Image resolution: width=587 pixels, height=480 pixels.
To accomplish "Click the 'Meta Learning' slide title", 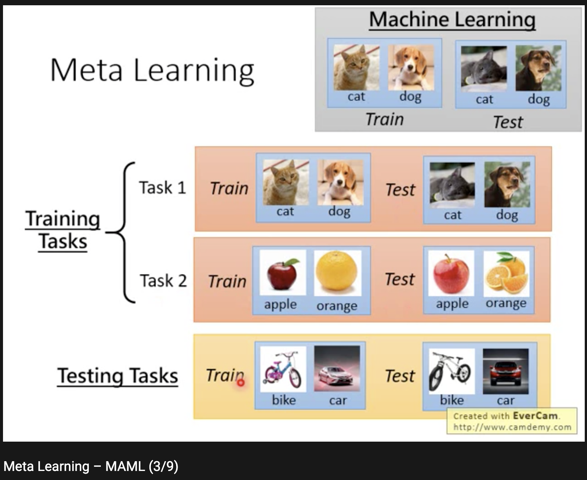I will (x=152, y=70).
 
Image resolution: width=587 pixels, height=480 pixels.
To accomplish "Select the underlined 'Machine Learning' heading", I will (x=452, y=20).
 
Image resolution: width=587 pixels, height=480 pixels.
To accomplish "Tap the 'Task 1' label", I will (x=163, y=187).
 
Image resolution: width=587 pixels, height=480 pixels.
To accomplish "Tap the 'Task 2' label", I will (x=163, y=281).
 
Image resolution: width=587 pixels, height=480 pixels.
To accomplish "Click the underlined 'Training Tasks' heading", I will (x=63, y=229).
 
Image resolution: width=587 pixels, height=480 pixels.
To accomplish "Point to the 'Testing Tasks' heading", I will (x=117, y=376).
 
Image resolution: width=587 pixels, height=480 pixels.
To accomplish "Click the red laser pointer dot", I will (x=241, y=383).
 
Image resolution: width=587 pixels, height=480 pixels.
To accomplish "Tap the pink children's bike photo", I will (x=283, y=369).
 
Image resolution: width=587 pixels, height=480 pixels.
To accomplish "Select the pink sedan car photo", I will (x=337, y=369).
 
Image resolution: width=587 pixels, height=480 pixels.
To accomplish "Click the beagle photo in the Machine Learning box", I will (x=411, y=67).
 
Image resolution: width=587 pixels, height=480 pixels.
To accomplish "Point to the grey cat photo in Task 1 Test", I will (x=452, y=185).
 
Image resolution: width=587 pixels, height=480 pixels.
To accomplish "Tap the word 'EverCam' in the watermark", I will (x=535, y=416).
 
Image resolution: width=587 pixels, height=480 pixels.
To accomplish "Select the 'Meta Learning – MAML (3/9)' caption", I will (x=91, y=466).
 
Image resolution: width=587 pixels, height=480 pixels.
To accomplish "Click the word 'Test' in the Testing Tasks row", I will (x=400, y=376).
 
